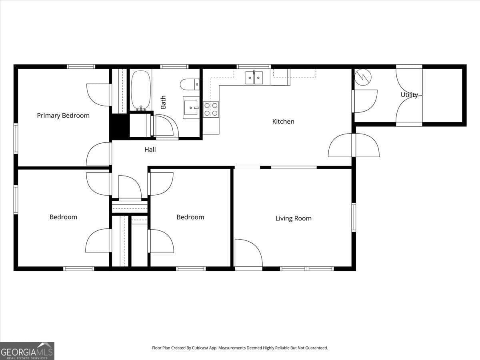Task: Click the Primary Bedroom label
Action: pyautogui.click(x=63, y=116)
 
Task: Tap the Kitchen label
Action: pyautogui.click(x=283, y=122)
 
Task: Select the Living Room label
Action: pyautogui.click(x=293, y=218)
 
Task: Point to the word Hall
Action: pyautogui.click(x=150, y=150)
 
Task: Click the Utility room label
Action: pyautogui.click(x=409, y=95)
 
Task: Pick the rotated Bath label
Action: pyautogui.click(x=163, y=102)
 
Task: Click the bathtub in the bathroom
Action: pyautogui.click(x=141, y=90)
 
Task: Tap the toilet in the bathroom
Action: pyautogui.click(x=189, y=84)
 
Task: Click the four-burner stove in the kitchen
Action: pyautogui.click(x=211, y=110)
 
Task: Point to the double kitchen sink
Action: pyautogui.click(x=254, y=78)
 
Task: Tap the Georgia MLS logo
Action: pyautogui.click(x=27, y=351)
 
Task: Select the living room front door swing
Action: pyautogui.click(x=248, y=253)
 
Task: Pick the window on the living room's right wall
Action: pyautogui.click(x=354, y=218)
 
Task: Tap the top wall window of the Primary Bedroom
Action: pyautogui.click(x=81, y=67)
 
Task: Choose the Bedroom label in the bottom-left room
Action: pyautogui.click(x=63, y=217)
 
